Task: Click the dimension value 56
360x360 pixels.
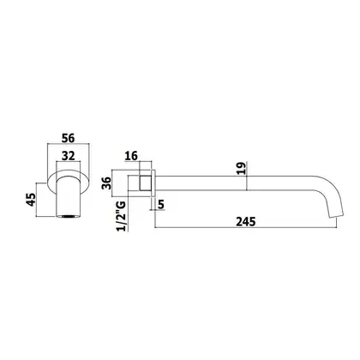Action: tap(69, 138)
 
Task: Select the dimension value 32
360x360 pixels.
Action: tap(69, 156)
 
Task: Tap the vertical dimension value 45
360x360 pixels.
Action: tap(31, 200)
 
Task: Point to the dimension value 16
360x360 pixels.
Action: tap(131, 156)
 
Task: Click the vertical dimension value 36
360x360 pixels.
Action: tap(106, 183)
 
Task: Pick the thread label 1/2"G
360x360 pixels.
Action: tap(121, 216)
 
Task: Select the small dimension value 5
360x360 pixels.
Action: tap(161, 205)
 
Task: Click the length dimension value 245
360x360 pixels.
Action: tap(246, 222)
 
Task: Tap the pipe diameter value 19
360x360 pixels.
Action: tap(242, 169)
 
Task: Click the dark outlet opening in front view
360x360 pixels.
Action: tap(68, 217)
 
